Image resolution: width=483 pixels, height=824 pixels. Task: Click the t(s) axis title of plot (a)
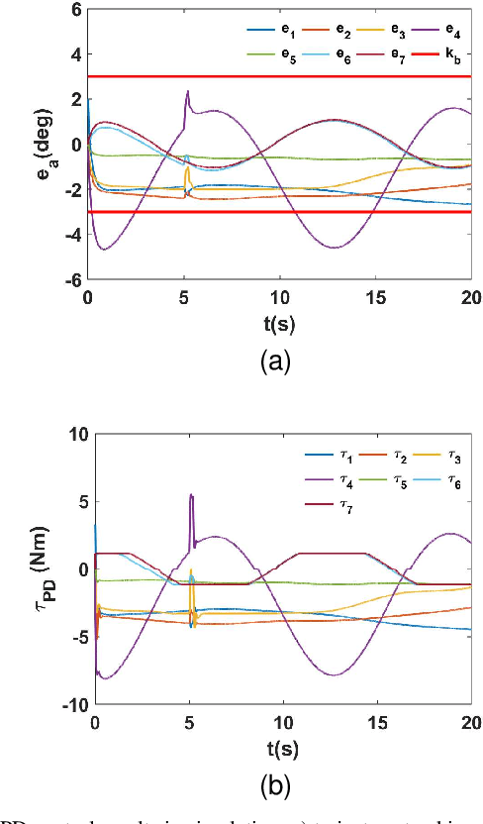coord(281,323)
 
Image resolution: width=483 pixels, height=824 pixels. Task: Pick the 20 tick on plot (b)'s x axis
coord(471,722)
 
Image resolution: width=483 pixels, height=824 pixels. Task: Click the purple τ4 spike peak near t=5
coord(191,494)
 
